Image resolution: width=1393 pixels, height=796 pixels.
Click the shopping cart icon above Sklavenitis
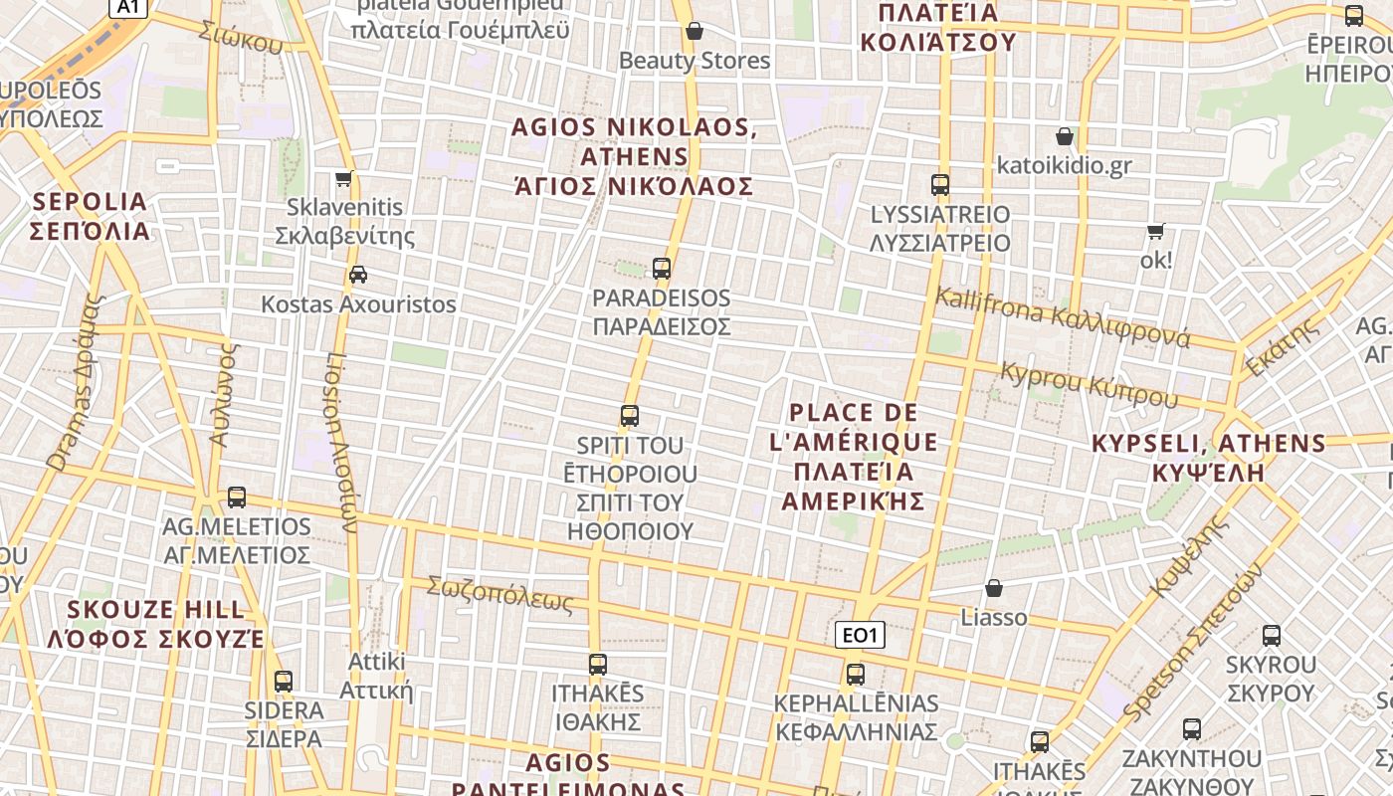point(344,179)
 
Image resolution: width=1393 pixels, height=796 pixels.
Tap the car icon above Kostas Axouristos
point(357,275)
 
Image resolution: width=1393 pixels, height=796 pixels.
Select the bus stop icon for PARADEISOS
point(662,268)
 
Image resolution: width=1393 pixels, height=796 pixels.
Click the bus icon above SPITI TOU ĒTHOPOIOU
point(630,416)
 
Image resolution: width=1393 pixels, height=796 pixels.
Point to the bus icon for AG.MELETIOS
point(237,497)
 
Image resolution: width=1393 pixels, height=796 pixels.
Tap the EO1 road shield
point(860,635)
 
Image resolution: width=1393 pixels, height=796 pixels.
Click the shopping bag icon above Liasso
point(993,588)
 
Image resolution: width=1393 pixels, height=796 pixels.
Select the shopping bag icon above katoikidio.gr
point(1065,136)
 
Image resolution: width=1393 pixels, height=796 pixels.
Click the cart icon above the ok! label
point(1155,232)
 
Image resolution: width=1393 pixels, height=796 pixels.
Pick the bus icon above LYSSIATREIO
point(940,184)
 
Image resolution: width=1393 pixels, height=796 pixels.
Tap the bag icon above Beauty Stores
point(695,31)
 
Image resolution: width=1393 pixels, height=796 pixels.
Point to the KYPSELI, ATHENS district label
point(1209,457)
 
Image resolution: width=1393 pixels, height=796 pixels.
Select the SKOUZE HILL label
point(155,624)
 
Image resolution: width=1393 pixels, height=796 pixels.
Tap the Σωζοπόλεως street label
point(500,593)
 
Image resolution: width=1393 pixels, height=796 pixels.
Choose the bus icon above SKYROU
point(1271,635)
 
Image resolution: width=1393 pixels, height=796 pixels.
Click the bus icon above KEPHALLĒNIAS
point(856,674)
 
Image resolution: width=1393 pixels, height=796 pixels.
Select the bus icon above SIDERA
point(284,682)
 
